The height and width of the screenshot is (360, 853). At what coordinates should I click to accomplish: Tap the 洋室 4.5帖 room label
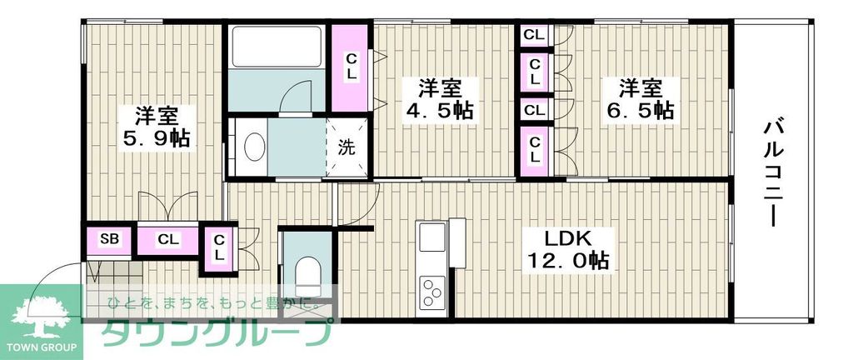coord(439,98)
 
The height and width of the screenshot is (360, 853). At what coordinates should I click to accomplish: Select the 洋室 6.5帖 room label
coord(639,98)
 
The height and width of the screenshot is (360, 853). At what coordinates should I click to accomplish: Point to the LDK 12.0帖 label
coord(567,248)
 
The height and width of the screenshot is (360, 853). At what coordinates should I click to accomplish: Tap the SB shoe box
coord(110,240)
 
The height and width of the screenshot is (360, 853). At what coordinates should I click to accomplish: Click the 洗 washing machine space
coord(346,149)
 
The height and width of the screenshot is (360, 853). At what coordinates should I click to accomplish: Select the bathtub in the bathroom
coord(276,47)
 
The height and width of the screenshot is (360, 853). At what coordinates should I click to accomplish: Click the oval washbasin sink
coord(254,148)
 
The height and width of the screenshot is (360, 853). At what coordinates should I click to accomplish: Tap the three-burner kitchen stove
coord(433,292)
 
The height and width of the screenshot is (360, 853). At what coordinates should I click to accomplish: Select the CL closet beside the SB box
coord(168,240)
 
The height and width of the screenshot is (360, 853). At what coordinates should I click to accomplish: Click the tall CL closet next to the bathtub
coord(351,67)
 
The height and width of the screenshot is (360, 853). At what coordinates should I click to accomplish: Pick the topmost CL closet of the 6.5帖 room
coord(535,35)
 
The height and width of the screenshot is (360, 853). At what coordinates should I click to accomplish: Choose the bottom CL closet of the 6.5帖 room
coord(535,150)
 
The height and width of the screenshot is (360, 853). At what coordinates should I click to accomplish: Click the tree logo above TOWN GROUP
coord(41,317)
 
